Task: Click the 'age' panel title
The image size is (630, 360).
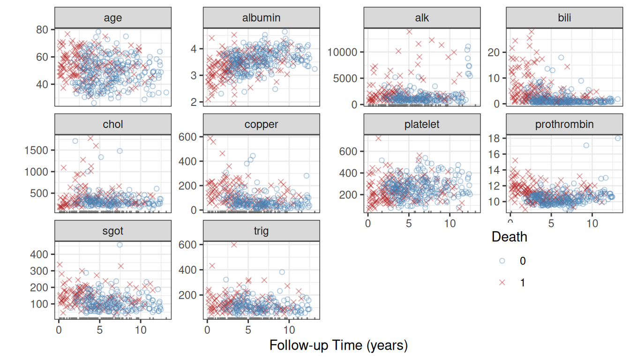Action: (113, 18)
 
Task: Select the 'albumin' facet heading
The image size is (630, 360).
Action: (261, 18)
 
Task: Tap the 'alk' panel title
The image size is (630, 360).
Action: (422, 18)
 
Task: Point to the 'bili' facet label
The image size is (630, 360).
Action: (564, 18)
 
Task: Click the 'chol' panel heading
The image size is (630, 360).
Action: (113, 124)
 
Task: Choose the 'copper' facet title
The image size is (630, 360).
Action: (261, 125)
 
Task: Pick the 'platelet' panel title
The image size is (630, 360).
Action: (422, 124)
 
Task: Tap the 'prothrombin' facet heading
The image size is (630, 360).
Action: (564, 124)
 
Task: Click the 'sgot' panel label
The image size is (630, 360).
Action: (113, 232)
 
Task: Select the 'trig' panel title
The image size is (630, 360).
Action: (261, 231)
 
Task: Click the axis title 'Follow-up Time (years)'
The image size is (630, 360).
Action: (338, 345)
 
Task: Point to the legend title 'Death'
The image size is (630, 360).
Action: (510, 237)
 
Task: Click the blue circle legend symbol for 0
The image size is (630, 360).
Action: (502, 261)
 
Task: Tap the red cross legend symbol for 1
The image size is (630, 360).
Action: (502, 282)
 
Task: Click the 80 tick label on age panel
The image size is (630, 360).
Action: (42, 30)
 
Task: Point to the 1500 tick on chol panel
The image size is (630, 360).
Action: (36, 150)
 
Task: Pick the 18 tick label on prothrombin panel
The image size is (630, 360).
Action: (494, 138)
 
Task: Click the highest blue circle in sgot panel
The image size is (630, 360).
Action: (120, 245)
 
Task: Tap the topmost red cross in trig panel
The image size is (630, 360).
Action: (234, 245)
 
